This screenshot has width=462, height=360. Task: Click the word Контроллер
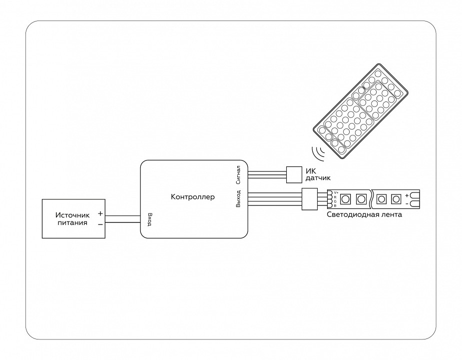(x=193, y=197)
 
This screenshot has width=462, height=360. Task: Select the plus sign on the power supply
(x=100, y=213)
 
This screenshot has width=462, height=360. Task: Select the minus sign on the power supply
(x=100, y=224)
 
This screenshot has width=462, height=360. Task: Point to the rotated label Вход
(x=149, y=219)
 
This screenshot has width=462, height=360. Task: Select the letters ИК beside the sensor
(x=310, y=170)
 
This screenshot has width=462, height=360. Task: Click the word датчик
(x=318, y=178)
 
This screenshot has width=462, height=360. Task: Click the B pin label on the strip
(x=335, y=205)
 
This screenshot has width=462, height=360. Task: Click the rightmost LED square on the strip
(x=396, y=199)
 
